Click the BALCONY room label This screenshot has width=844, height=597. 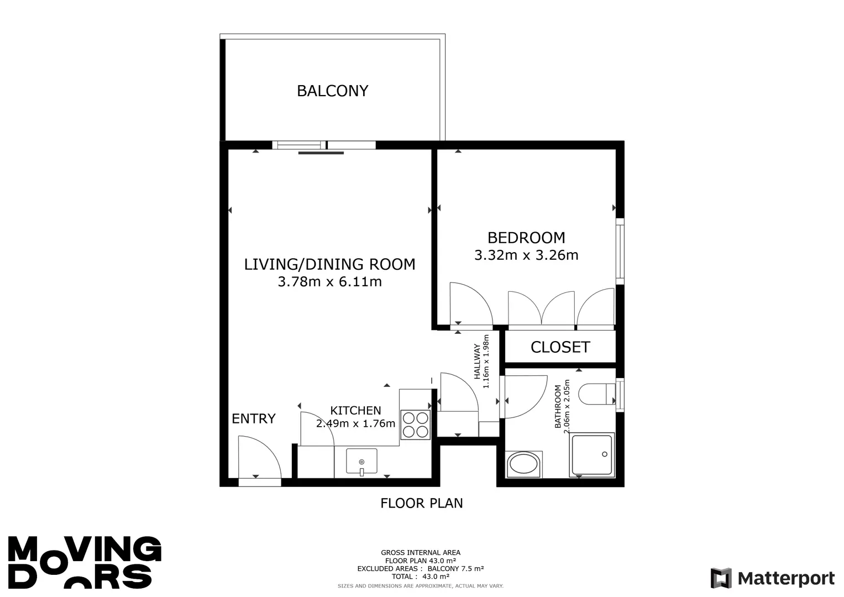(332, 91)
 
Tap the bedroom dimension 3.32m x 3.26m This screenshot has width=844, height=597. (526, 255)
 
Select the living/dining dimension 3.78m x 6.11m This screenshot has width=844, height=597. (329, 281)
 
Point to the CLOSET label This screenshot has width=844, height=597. (560, 347)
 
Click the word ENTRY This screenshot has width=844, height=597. (253, 419)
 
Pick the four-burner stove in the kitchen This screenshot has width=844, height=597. (415, 425)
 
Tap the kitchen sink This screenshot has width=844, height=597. (361, 461)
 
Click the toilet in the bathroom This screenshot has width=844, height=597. (597, 394)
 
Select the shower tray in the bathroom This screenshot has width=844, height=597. (591, 455)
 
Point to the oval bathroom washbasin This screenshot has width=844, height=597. (523, 465)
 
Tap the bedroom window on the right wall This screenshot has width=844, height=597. (620, 252)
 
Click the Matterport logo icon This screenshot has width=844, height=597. (721, 578)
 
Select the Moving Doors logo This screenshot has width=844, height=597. (85, 562)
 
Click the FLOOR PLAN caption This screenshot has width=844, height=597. (421, 503)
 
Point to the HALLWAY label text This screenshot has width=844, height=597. (477, 361)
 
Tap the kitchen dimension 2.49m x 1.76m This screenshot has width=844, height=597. (355, 423)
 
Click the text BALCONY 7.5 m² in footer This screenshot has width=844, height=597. (455, 568)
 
